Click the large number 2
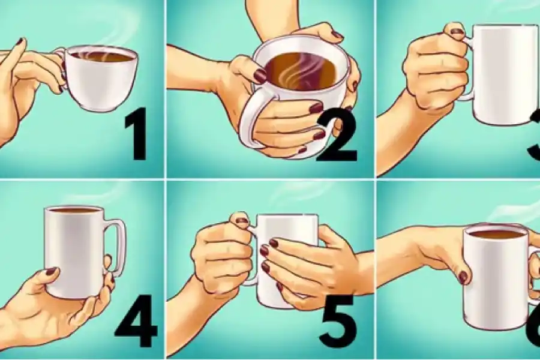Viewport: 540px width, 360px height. pyautogui.click(x=337, y=139)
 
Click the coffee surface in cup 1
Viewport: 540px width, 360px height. pyautogui.click(x=102, y=57)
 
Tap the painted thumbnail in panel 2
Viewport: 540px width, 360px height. pyautogui.click(x=260, y=76)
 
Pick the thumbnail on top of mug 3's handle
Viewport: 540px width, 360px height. pyautogui.click(x=457, y=31)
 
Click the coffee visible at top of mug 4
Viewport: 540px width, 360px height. pyautogui.click(x=73, y=211)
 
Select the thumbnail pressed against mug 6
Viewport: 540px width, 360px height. pyautogui.click(x=463, y=277)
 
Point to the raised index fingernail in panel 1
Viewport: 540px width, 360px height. pyautogui.click(x=19, y=41)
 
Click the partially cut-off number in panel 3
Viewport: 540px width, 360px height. pyautogui.click(x=534, y=138)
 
